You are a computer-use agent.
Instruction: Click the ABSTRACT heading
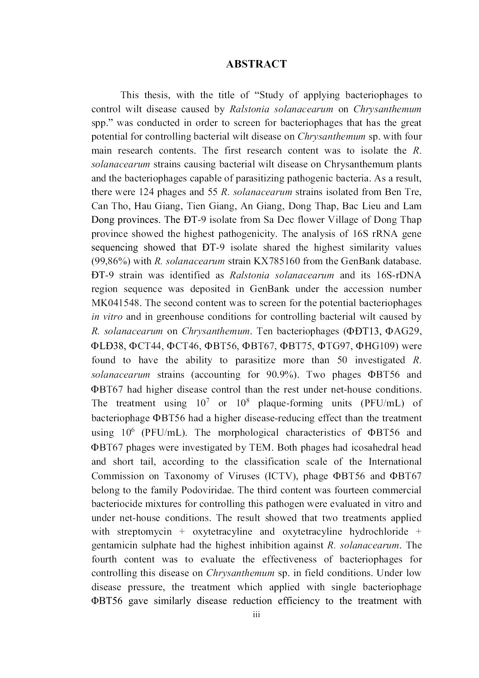pyautogui.click(x=256, y=64)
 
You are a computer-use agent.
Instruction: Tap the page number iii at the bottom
pyautogui.click(x=256, y=615)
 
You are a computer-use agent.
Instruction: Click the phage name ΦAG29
pyautogui.click(x=403, y=331)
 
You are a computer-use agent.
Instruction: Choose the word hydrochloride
pyautogui.click(x=379, y=531)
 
